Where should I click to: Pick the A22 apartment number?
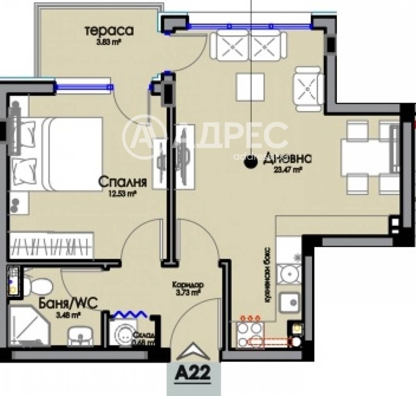[x=193, y=373]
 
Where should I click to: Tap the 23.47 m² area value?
[x=291, y=169]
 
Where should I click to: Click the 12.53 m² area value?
[x=123, y=193]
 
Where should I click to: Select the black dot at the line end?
[x=250, y=163]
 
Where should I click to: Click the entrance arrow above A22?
[x=193, y=351]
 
